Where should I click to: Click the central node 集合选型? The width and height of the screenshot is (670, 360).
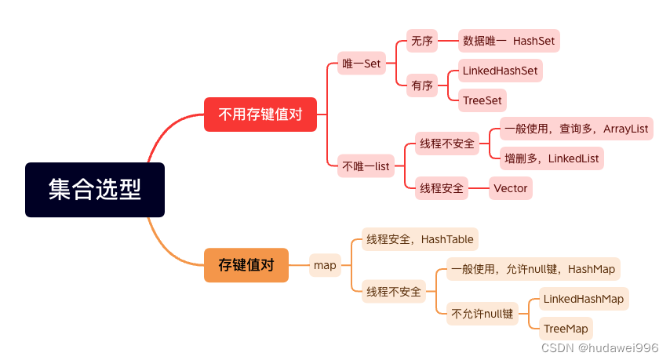95,190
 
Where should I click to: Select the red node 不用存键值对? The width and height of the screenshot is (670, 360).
260,115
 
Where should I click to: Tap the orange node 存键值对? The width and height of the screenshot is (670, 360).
246,265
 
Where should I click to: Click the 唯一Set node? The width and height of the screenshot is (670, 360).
362,64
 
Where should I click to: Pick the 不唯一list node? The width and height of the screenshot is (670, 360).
366,166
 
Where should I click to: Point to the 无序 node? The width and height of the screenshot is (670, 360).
421,41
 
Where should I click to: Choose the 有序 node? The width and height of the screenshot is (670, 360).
421,86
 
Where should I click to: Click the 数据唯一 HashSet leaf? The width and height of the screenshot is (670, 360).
509,41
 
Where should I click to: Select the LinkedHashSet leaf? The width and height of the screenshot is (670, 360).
500,71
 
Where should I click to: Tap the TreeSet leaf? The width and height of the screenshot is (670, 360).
482,100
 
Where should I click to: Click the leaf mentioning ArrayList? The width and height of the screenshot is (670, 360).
577,129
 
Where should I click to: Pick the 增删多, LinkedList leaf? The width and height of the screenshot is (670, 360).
552,158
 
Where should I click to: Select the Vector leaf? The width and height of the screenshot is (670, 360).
510,188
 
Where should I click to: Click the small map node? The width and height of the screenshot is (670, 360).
325,265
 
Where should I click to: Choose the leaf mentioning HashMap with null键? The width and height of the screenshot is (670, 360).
533,269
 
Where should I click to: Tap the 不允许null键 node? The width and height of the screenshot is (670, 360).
482,314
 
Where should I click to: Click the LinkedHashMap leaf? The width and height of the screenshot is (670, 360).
584,299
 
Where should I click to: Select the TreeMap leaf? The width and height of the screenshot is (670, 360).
566,329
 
